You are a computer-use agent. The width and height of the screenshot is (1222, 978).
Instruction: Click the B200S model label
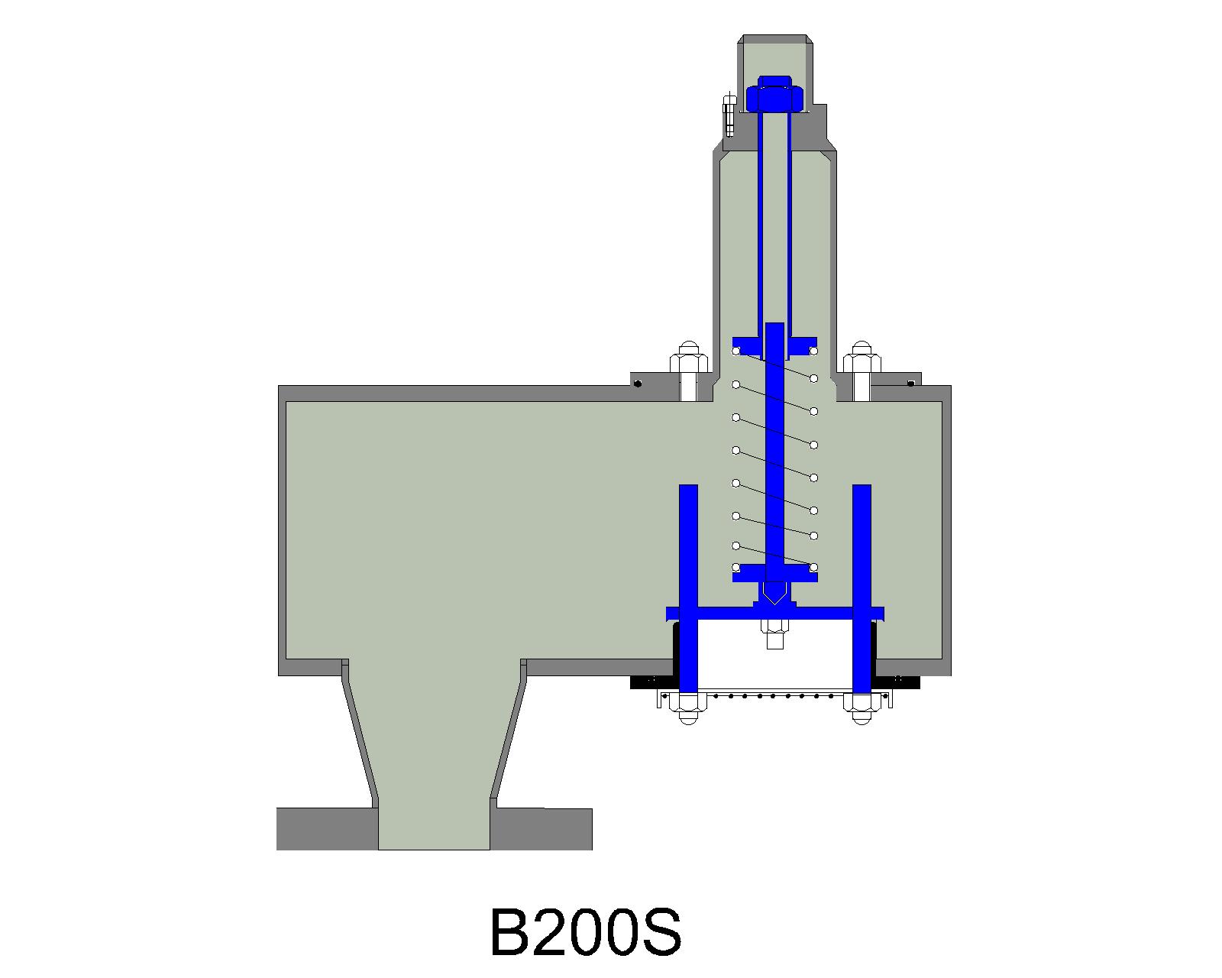click(585, 932)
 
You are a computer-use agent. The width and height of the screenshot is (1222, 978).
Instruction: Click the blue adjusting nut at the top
click(774, 96)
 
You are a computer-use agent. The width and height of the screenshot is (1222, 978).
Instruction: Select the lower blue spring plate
click(774, 572)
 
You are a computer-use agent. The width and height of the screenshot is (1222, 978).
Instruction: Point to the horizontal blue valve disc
click(774, 613)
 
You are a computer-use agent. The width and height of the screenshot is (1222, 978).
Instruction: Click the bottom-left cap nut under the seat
click(687, 709)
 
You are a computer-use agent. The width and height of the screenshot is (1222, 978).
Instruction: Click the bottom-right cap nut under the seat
click(862, 709)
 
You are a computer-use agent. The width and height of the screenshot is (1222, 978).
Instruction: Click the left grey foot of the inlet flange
click(327, 828)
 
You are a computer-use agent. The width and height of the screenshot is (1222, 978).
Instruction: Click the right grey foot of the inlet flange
click(541, 828)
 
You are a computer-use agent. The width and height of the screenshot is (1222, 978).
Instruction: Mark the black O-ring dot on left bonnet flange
click(638, 383)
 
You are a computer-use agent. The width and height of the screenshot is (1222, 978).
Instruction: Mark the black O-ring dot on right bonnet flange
click(910, 383)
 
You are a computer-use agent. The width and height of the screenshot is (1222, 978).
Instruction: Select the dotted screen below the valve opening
click(774, 695)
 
